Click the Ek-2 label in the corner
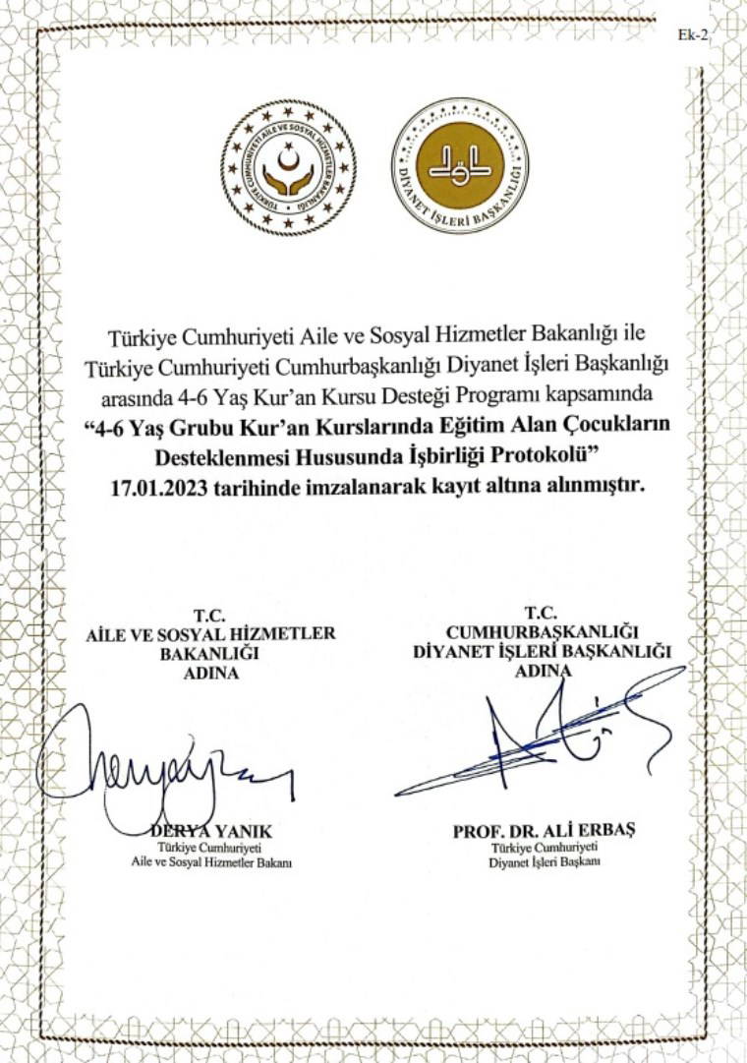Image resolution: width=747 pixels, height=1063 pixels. [693, 34]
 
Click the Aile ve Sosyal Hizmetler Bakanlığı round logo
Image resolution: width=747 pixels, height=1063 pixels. [288, 167]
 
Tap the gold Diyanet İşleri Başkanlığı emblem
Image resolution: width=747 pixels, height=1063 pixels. [460, 165]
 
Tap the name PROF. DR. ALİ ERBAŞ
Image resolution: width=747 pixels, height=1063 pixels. [544, 830]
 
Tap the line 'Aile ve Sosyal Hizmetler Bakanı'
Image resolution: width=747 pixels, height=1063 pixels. [211, 861]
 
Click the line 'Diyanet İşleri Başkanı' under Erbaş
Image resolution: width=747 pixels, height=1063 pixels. [544, 861]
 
